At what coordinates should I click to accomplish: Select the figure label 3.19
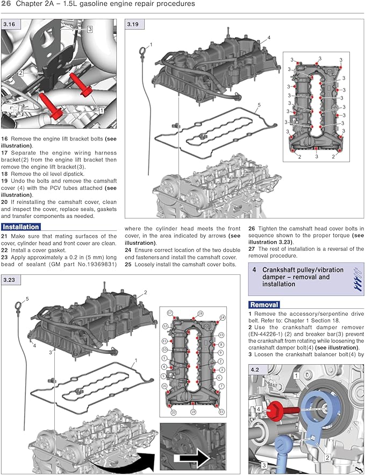[x=133, y=25]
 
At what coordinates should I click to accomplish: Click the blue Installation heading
[x=20, y=226]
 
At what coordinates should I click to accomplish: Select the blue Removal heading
[x=263, y=304]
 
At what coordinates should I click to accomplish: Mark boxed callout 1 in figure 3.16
[x=102, y=109]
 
